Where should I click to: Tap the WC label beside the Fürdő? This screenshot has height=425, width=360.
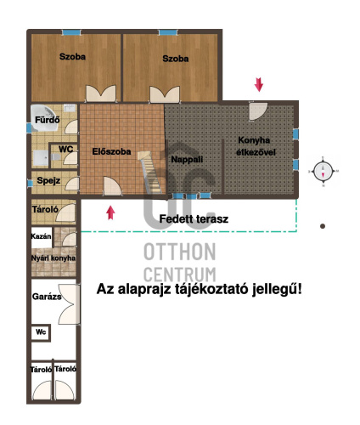coord(65,150)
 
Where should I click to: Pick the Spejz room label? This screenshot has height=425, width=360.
coord(48,180)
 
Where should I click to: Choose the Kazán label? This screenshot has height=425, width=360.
coord(42,235)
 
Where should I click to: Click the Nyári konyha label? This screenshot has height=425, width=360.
coord(53,258)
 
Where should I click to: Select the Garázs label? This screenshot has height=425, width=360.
coord(47,297)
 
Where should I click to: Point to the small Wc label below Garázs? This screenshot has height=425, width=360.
coord(40,332)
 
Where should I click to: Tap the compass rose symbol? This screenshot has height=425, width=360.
coord(323,171)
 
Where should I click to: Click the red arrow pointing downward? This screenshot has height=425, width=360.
coord(259,84)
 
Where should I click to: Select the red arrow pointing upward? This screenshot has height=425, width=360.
coord(110,212)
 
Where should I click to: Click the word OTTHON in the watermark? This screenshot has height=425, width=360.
coord(179,252)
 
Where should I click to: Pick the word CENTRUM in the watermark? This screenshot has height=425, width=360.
coord(179,274)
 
